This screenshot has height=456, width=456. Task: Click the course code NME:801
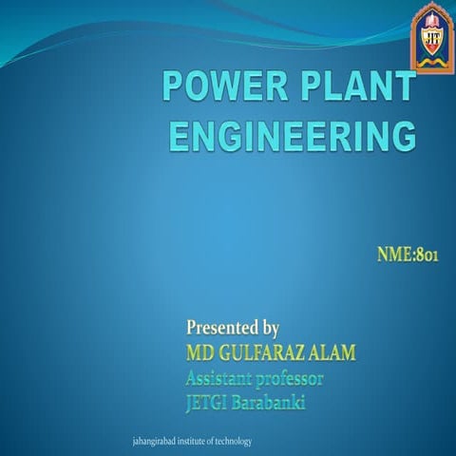pyautogui.click(x=407, y=255)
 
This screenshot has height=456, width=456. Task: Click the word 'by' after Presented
pyautogui.click(x=269, y=330)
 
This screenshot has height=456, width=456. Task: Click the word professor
pyautogui.click(x=292, y=379)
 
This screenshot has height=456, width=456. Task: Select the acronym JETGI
pyautogui.click(x=211, y=403)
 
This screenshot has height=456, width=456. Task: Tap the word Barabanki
pyautogui.click(x=274, y=403)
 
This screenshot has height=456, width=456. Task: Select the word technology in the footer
pyautogui.click(x=234, y=443)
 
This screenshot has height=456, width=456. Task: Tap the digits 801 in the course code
pyautogui.click(x=425, y=255)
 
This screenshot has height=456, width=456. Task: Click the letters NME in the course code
pyautogui.click(x=392, y=255)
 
